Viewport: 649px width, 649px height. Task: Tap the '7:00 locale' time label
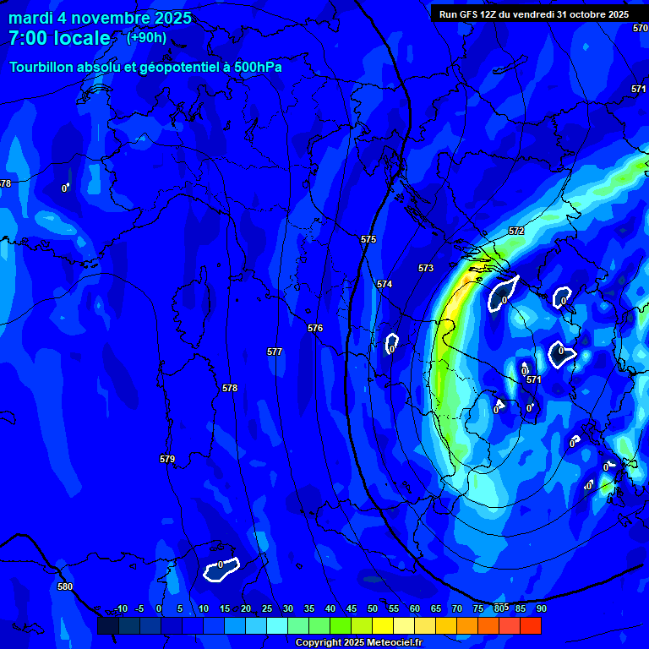(x=59, y=38)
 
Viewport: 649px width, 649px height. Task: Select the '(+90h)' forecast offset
(x=146, y=37)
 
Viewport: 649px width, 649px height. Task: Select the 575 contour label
(x=368, y=240)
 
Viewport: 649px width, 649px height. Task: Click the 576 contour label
(x=315, y=328)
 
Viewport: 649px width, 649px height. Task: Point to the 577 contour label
(x=275, y=352)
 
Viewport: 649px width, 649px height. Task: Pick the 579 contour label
(x=167, y=460)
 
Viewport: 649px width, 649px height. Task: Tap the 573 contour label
(x=426, y=269)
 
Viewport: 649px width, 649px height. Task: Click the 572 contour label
(x=516, y=232)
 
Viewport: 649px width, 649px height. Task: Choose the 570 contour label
(x=640, y=28)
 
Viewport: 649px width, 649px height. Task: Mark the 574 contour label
(x=384, y=285)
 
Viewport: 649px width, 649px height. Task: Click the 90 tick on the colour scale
(x=541, y=608)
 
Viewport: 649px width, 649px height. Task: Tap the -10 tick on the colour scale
(x=121, y=608)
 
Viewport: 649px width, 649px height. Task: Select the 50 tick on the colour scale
(x=373, y=608)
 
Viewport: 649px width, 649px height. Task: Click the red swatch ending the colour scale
(x=530, y=625)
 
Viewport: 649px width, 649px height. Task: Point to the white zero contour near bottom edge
(x=221, y=570)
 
